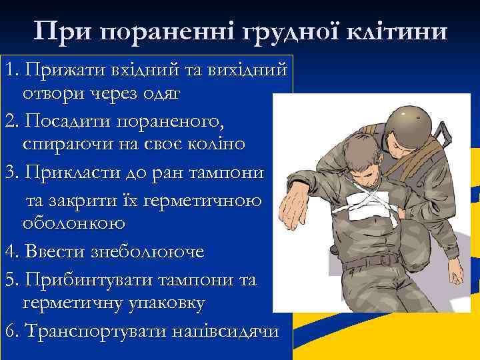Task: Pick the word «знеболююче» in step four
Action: pos(140,252)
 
